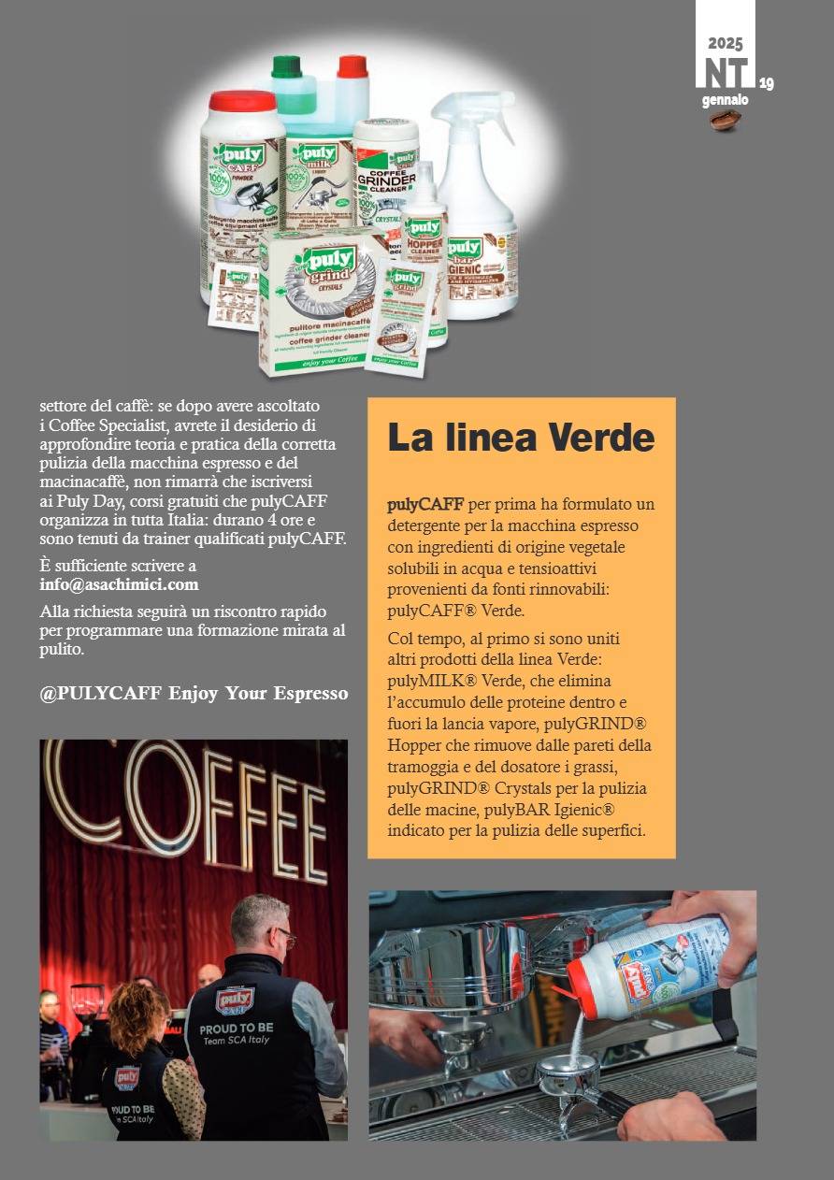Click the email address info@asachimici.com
(119, 584)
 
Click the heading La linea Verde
(521, 438)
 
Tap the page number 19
(766, 84)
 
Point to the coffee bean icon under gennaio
(725, 119)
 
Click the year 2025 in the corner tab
(725, 43)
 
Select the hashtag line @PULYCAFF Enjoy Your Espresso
(194, 693)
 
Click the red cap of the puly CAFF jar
(242, 101)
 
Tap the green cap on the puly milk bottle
(285, 67)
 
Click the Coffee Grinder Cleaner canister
(384, 173)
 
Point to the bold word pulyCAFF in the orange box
(425, 505)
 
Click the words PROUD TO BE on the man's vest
(237, 1029)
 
